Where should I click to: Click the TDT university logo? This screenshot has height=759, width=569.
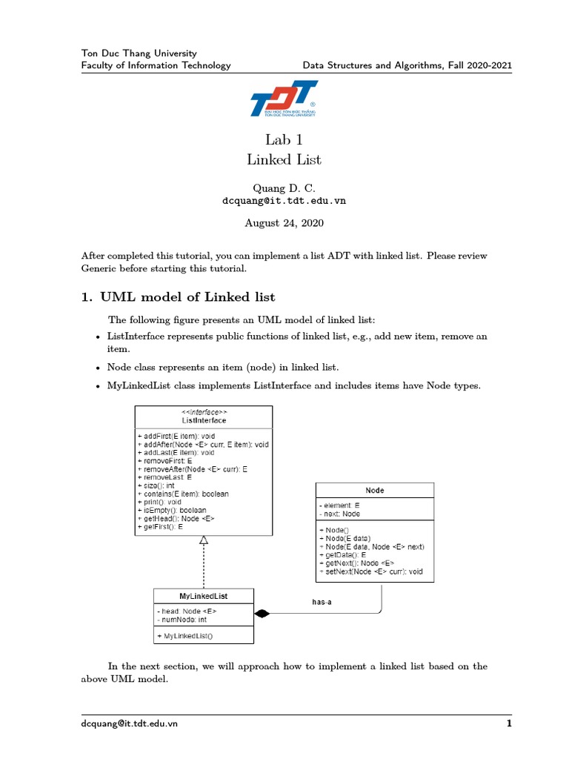pos(284,99)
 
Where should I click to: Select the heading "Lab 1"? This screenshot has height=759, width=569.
pos(284,140)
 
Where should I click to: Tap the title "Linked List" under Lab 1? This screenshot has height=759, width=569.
pos(284,159)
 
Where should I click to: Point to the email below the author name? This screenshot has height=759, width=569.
pos(284,200)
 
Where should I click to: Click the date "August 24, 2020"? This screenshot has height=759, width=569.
pos(284,222)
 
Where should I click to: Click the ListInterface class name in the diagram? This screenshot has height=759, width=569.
pos(204,420)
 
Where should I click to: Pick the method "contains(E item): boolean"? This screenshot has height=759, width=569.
pos(185,493)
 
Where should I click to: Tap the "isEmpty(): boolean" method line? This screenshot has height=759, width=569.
pos(176,510)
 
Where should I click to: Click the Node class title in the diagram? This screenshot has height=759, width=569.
pos(375,490)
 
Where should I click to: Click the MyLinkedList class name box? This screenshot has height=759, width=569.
pos(203,596)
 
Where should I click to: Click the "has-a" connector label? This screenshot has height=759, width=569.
pos(322,603)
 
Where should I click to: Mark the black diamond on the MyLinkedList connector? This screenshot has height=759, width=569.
pos(262,613)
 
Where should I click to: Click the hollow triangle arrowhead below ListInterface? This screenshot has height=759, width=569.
pos(204,540)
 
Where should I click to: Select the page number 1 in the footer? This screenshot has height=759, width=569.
pos(509,723)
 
